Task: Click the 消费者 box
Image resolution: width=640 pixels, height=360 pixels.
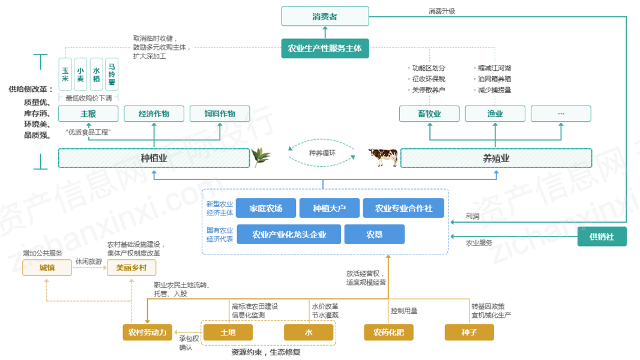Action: click(x=325, y=16)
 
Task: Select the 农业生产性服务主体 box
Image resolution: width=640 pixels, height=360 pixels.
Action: click(x=325, y=48)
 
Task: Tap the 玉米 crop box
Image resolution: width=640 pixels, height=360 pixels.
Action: click(x=65, y=74)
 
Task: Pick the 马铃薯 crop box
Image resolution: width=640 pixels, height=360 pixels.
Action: click(x=112, y=74)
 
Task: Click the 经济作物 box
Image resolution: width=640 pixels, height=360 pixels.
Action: click(x=154, y=114)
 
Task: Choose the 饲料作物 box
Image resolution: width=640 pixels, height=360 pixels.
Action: click(x=220, y=114)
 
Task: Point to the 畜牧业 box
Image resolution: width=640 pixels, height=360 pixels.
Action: click(x=429, y=114)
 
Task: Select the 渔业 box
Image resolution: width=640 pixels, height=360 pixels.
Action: click(x=495, y=114)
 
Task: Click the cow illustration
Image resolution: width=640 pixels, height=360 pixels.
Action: click(x=383, y=157)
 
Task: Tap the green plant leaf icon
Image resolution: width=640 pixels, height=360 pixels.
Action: click(x=261, y=157)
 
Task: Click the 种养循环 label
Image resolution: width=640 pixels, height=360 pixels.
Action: click(x=322, y=153)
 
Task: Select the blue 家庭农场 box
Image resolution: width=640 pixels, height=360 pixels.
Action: click(x=266, y=208)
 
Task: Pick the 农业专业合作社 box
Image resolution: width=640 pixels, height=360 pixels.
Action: click(x=403, y=208)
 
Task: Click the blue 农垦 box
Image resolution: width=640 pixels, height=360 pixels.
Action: click(x=374, y=235)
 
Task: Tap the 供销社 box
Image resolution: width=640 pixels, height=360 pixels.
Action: click(x=602, y=236)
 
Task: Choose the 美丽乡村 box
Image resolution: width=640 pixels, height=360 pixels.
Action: click(x=131, y=268)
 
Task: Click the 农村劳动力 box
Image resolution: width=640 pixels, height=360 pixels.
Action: click(x=147, y=332)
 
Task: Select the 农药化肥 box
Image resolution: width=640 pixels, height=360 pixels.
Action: click(x=388, y=332)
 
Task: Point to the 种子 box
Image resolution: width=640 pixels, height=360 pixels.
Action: click(x=469, y=332)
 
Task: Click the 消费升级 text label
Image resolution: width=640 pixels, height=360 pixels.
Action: click(x=442, y=11)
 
